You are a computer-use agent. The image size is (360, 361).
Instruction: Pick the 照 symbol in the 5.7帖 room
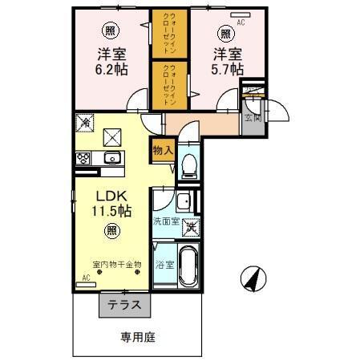(227, 33)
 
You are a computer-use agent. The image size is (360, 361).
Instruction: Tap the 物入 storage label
(163, 151)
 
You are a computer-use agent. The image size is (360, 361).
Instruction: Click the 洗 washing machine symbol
(192, 227)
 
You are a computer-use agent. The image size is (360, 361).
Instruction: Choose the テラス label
(124, 304)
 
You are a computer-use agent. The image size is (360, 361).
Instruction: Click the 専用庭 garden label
(138, 336)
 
